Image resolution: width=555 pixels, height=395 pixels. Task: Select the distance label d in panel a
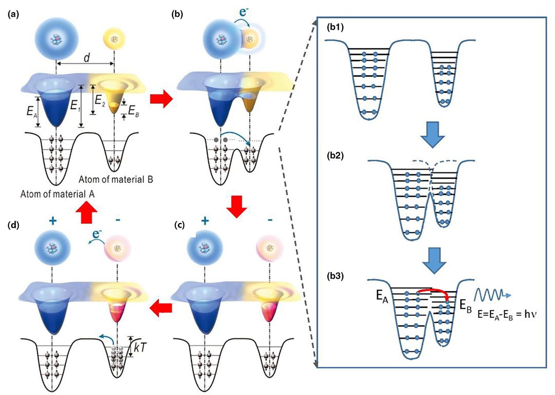[86, 58]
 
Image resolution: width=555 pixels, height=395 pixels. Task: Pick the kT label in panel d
[141, 347]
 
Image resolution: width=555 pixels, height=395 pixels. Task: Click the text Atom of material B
[116, 179]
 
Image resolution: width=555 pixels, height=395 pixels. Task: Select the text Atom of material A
[57, 194]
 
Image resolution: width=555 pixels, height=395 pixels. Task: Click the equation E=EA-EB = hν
[507, 314]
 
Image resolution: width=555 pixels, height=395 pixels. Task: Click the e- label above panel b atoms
[244, 13]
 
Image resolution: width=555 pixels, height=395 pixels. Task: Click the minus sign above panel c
[270, 220]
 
